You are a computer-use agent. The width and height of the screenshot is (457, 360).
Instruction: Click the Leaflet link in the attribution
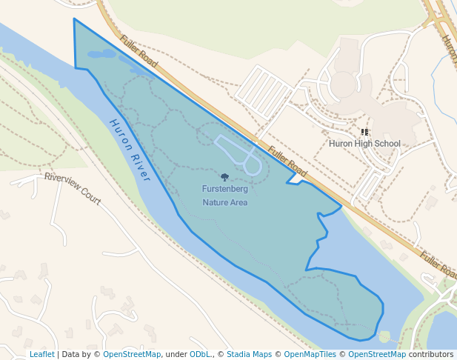click(x=41, y=354)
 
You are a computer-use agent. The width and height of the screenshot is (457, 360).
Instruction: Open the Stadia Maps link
click(x=249, y=354)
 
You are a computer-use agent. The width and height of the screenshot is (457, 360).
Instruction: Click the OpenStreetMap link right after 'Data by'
click(x=132, y=354)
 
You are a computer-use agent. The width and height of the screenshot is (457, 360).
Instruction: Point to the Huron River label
click(x=130, y=150)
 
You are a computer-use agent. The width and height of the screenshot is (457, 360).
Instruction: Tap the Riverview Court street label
click(x=73, y=189)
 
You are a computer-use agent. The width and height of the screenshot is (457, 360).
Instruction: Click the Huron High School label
click(x=364, y=144)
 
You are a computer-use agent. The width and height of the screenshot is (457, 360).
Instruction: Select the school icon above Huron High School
click(x=364, y=132)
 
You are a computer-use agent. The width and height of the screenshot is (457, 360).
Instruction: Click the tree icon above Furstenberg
click(x=224, y=177)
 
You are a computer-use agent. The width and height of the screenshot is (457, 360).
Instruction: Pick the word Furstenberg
click(x=224, y=189)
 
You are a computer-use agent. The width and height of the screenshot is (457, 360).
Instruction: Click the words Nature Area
click(x=224, y=202)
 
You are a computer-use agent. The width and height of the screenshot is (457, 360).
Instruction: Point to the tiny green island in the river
click(x=384, y=337)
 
